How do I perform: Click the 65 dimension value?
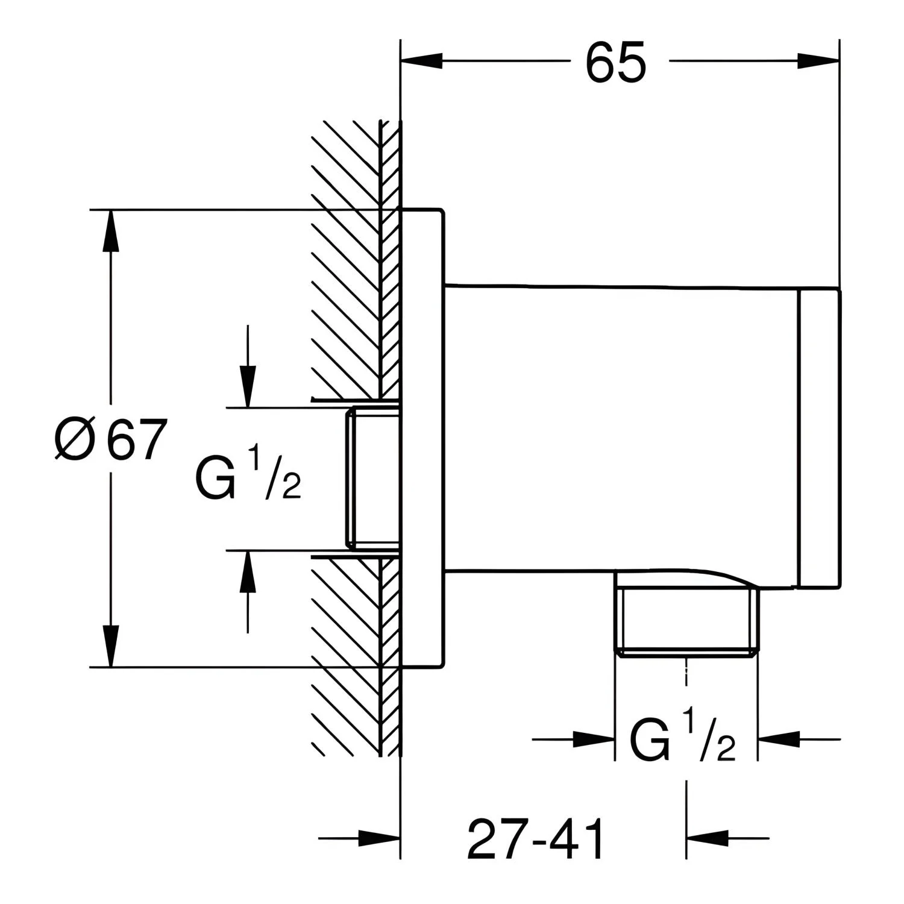(x=616, y=62)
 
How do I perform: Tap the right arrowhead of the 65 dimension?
(x=818, y=61)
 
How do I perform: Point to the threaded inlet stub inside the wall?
(x=372, y=479)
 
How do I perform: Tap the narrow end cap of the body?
(x=819, y=438)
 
